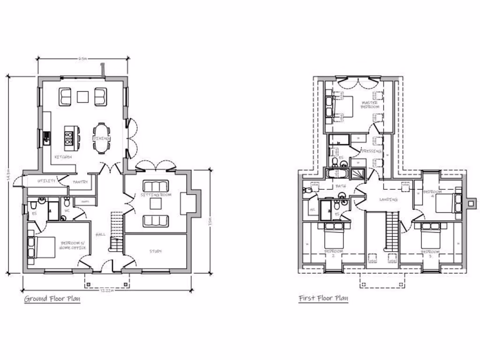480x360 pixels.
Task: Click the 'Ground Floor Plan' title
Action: click(52, 299)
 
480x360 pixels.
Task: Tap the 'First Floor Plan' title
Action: click(323, 298)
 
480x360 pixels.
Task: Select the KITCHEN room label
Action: click(63, 157)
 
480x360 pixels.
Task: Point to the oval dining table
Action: click(101, 138)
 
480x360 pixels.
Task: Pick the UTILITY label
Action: click(46, 180)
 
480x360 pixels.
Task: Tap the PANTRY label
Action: click(80, 182)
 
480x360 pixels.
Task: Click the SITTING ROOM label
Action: click(155, 194)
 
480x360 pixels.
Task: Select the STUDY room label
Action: click(156, 251)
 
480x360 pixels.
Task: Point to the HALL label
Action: click(100, 234)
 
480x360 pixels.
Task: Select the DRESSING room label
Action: click(370, 151)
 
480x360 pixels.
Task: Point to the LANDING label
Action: click(388, 200)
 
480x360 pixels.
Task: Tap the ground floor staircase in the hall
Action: click(116, 232)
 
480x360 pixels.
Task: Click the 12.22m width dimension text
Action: click(106, 291)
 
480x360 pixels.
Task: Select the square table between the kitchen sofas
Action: click(82, 97)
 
